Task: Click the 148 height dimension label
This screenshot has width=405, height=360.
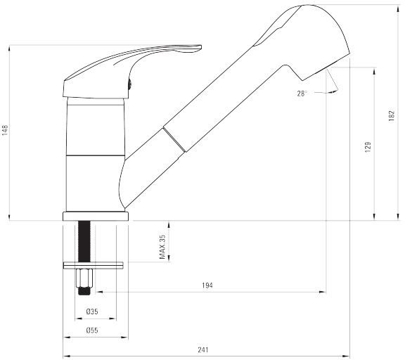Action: pos(5,130)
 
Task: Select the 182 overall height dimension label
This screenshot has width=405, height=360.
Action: pos(392,116)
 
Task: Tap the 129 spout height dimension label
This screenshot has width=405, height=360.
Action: pos(368,147)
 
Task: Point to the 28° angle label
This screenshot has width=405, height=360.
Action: pos(302,94)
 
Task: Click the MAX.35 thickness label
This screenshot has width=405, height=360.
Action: pos(162,247)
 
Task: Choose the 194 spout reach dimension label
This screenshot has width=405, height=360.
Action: pos(207,285)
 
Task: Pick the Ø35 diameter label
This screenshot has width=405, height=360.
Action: pos(92,311)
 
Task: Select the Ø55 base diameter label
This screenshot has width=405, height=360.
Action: pos(92,330)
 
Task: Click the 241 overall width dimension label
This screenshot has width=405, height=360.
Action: pos(203,349)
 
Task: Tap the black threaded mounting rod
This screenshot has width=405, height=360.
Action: pos(84,241)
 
